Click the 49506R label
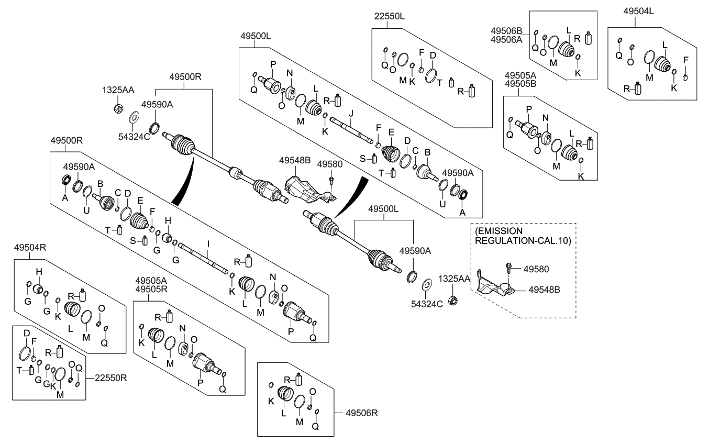[x=361, y=413]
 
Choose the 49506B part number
[x=507, y=30]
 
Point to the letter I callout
[x=208, y=244]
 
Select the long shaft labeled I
[x=204, y=257]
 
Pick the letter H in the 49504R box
[x=38, y=272]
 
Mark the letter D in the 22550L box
[x=433, y=56]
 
